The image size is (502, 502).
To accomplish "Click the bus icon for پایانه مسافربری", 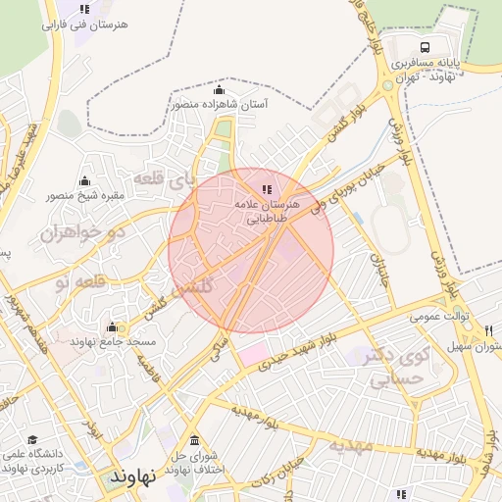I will [425, 47].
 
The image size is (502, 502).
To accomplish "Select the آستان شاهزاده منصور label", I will [218, 103].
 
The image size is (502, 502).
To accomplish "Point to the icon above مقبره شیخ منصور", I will [84, 180].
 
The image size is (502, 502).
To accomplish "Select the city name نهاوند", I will [134, 477].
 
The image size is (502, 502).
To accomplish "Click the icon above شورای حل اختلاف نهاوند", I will [194, 439].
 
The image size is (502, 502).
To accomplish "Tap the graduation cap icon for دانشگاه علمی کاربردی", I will [32, 440].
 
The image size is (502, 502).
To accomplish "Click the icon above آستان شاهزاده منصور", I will [218, 90].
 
